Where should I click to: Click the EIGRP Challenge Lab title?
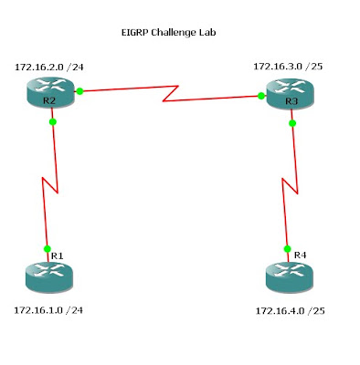[x=168, y=33]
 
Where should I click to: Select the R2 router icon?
[x=50, y=92]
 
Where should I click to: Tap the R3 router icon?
[x=290, y=93]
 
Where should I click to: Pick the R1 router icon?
[x=49, y=278]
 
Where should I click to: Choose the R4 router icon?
[x=290, y=278]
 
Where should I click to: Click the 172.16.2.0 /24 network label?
[x=49, y=67]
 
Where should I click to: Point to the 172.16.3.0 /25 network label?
[x=288, y=67]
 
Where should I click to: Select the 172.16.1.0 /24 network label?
[x=48, y=310]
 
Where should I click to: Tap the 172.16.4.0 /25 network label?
[x=290, y=311]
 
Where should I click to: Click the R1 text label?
[x=58, y=255]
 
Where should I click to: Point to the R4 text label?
[x=300, y=255]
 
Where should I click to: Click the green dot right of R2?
[x=79, y=91]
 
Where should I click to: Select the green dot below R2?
[x=53, y=122]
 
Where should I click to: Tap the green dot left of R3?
[x=261, y=96]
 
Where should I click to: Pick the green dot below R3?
[x=292, y=123]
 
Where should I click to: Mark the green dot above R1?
[x=48, y=249]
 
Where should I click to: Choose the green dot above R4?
[x=287, y=249]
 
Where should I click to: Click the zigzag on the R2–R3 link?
[x=171, y=94]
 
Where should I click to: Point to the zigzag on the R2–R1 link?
[x=50, y=185]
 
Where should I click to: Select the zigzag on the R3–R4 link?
[x=290, y=186]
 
